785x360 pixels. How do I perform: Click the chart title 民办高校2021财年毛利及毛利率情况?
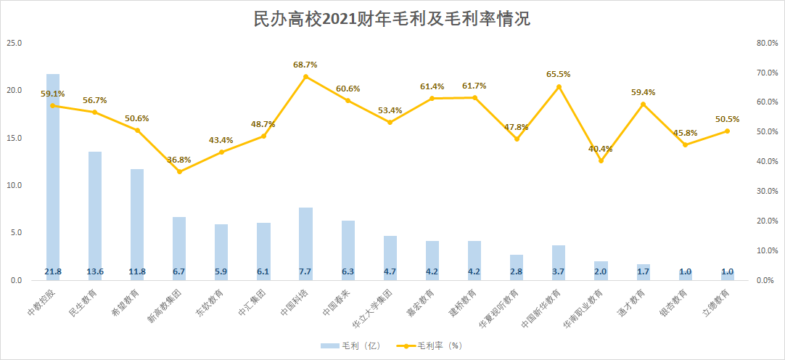pos(392,20)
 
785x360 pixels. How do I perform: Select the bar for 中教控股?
pos(53,174)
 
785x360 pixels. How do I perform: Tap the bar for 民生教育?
pos(95,214)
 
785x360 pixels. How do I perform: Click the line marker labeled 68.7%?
pos(305,76)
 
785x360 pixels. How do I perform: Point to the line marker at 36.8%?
pos(179,171)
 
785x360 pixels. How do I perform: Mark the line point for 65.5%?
pos(559,87)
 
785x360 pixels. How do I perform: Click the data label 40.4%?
pos(601,149)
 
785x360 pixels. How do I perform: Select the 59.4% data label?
pos(643,92)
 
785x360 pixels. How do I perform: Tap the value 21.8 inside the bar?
pos(53,271)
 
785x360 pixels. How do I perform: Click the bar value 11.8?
pos(137,271)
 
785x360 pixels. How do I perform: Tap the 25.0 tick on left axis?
pos(15,44)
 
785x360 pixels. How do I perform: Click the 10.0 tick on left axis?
pos(15,186)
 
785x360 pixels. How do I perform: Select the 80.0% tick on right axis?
pos(767,44)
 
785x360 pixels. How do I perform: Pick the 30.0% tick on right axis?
pos(767,192)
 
